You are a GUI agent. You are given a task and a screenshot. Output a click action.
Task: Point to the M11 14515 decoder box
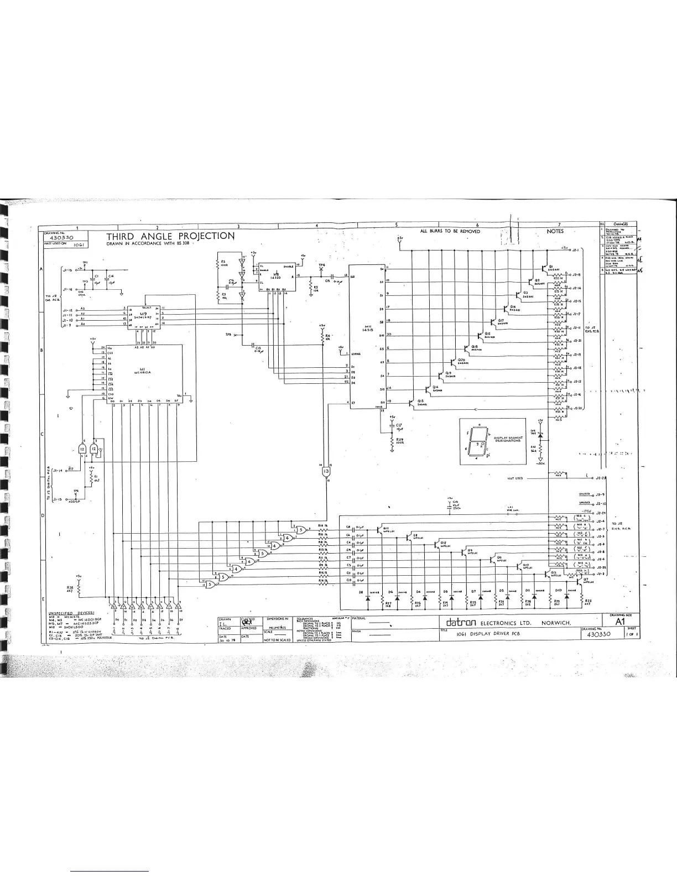click(x=365, y=337)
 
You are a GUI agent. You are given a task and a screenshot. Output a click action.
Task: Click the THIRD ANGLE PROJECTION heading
click(x=170, y=236)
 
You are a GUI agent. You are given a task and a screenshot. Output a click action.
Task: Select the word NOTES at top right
click(x=555, y=231)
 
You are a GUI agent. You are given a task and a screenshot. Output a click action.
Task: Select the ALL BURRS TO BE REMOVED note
click(x=450, y=231)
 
